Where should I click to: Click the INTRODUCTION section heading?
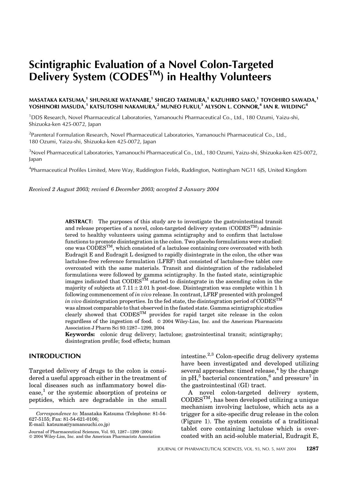pos(55,356)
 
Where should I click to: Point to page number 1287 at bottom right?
pos(313,449)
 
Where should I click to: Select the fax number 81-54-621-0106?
pos(80,419)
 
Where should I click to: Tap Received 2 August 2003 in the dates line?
pos(58,189)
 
